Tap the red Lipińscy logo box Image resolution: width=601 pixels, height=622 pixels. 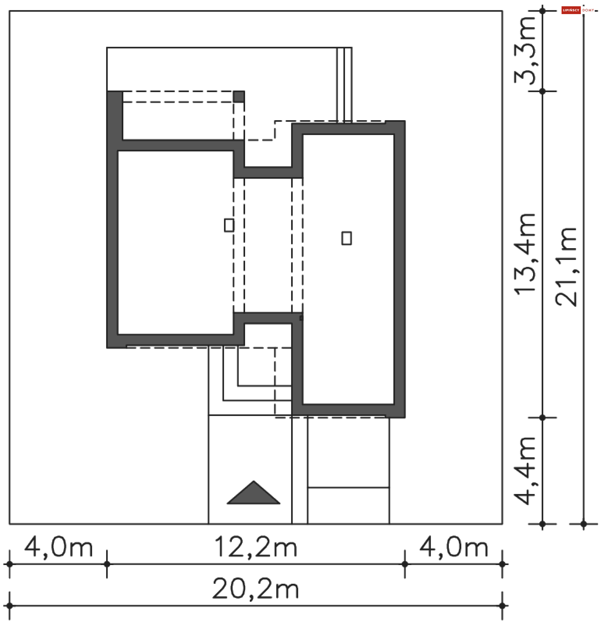[571, 10]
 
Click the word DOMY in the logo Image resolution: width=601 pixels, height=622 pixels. [588, 10]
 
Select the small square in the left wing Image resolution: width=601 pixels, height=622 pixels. [229, 225]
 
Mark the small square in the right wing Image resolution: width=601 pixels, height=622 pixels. [347, 238]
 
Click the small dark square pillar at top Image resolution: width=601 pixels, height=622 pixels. [239, 96]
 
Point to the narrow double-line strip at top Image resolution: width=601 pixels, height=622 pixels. [344, 85]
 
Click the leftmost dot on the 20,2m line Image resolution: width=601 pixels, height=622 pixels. [9, 606]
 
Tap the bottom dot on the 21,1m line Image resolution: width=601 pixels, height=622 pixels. [583, 524]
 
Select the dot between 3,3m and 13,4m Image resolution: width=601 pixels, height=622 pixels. [542, 91]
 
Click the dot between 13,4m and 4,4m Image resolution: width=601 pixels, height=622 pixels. [542, 418]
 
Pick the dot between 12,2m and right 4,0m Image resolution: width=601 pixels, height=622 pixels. [405, 564]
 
